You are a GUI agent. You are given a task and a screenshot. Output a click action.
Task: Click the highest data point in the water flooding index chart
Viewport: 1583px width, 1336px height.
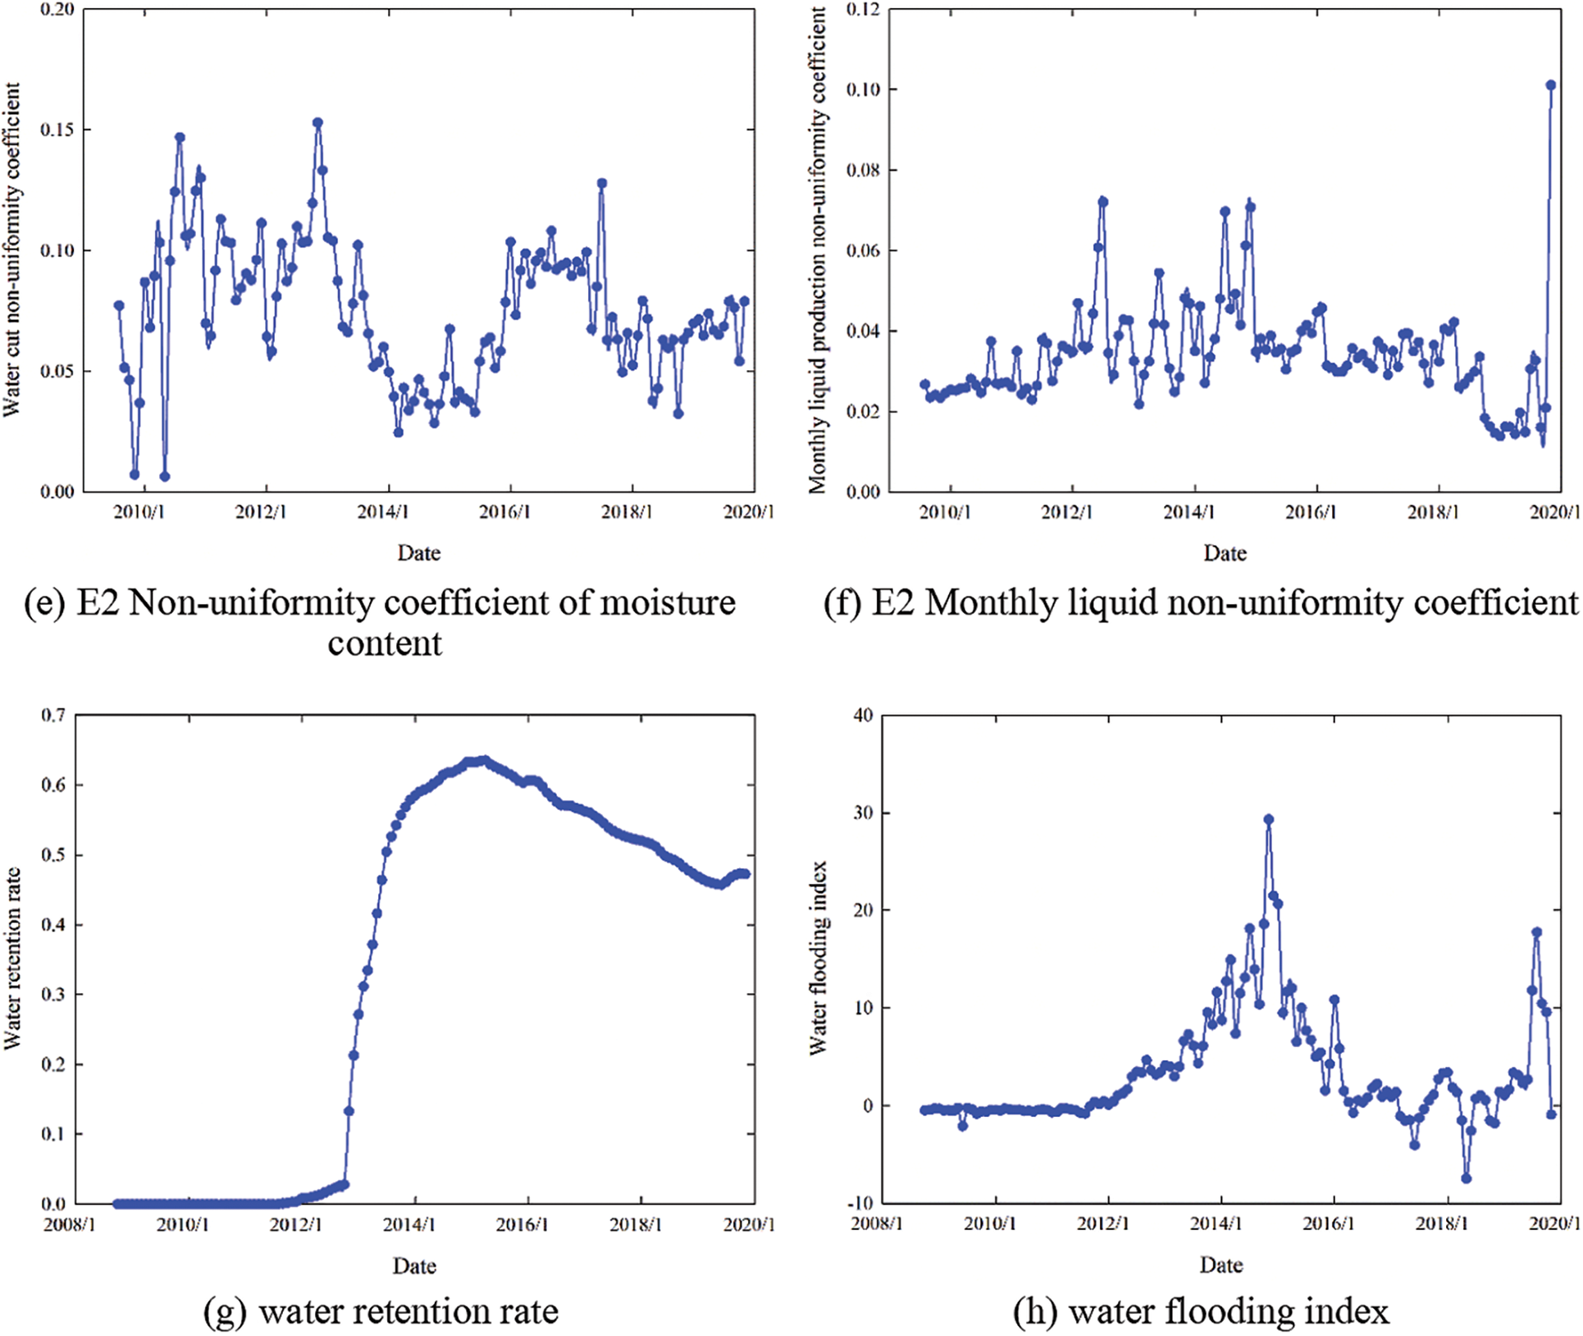[x=1269, y=819]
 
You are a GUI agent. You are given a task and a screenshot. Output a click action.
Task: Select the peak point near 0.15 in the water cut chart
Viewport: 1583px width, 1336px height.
[x=317, y=123]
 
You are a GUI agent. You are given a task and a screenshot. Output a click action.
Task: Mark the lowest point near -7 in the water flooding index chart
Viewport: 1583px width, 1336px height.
[x=1467, y=1178]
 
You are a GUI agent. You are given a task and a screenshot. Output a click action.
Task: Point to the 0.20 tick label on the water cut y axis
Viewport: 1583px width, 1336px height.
[x=57, y=10]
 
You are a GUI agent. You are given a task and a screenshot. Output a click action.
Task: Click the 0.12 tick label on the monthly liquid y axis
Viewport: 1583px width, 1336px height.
[x=863, y=10]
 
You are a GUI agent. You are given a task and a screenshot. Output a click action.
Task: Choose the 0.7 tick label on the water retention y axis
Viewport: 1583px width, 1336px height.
[x=53, y=716]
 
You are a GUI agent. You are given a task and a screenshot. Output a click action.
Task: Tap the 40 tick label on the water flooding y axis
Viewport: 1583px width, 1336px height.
[x=864, y=716]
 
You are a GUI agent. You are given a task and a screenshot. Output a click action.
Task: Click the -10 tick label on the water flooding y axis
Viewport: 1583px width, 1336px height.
[x=860, y=1203]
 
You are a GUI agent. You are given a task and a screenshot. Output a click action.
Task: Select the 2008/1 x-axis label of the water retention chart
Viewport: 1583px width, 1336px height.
[x=69, y=1224]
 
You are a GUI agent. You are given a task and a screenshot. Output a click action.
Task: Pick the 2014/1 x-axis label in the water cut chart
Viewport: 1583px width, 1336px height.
[x=382, y=512]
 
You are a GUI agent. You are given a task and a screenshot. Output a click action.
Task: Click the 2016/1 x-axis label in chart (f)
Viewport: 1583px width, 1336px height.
[x=1310, y=512]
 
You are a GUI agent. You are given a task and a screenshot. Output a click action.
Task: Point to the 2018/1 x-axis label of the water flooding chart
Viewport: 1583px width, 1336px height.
[x=1441, y=1224]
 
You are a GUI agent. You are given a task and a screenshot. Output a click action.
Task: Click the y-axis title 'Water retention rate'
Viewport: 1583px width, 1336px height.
[x=11, y=958]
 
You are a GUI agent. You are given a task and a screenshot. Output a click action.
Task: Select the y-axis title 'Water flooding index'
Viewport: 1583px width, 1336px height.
[x=819, y=958]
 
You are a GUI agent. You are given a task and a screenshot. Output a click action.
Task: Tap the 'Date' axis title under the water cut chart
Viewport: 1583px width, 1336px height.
[x=419, y=553]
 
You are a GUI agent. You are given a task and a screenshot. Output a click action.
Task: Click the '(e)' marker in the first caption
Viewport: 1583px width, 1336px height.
[x=44, y=603]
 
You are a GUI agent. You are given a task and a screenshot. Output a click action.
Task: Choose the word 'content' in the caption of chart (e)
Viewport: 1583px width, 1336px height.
[x=385, y=643]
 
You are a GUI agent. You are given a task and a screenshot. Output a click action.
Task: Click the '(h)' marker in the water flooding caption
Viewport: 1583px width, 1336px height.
[x=1035, y=1311]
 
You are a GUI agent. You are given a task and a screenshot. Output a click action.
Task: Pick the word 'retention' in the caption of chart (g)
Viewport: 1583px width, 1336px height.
[x=408, y=1311]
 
